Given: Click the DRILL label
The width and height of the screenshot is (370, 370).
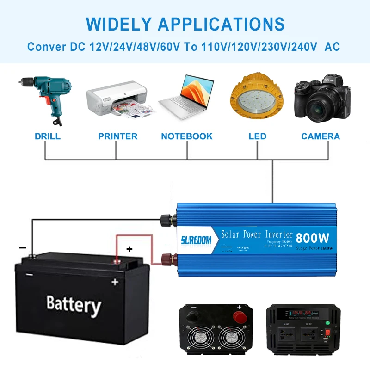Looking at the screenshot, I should click(x=48, y=136).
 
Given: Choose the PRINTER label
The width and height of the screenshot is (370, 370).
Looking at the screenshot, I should click(x=117, y=136).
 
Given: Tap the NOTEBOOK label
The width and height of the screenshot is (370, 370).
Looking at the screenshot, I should click(x=187, y=136).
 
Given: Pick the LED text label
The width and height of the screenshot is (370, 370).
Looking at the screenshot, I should click(x=258, y=136).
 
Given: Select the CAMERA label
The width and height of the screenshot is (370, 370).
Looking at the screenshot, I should click(x=321, y=136).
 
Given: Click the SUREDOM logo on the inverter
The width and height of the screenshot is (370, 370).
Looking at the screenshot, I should click(x=196, y=240).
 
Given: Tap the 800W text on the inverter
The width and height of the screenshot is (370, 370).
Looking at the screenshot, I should click(x=313, y=238).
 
